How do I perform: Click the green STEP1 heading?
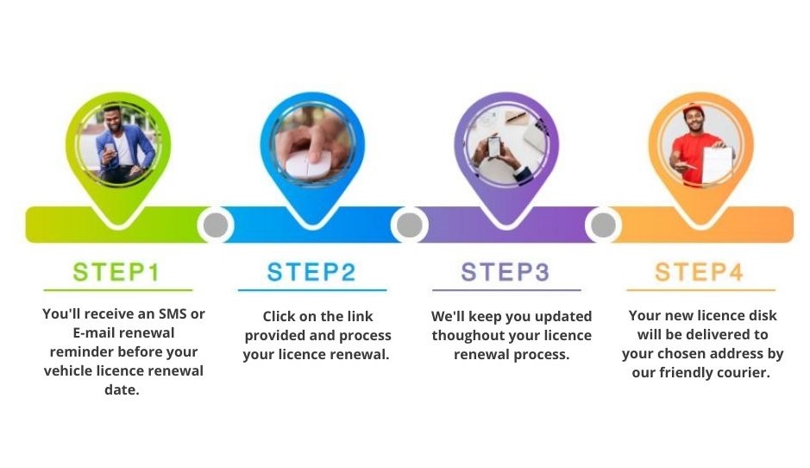point(116,272)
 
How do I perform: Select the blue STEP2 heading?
point(311,272)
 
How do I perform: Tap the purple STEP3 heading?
point(505,272)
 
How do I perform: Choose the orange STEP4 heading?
point(700,272)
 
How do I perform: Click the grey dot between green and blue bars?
point(216,225)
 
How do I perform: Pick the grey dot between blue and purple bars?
point(409,225)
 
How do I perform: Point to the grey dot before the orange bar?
point(603,225)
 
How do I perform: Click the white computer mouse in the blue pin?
point(305,163)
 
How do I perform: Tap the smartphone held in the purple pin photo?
point(494,146)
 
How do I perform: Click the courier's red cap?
point(694,111)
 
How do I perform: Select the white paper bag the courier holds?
point(718,164)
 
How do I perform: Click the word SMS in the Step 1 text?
point(173,314)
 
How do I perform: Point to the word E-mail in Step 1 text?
point(93,332)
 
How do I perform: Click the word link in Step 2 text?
point(360,317)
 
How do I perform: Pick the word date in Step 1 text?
point(122,390)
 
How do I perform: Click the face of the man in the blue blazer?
point(114,120)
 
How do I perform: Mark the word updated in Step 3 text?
point(566,317)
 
